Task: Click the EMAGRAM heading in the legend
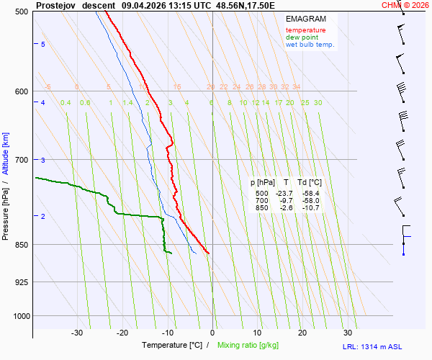(305, 19)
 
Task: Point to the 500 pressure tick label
(22, 12)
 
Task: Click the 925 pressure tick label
(22, 282)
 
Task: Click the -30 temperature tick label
(77, 333)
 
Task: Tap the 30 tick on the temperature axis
(348, 333)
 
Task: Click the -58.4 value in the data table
(311, 194)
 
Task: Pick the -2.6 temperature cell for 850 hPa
(286, 208)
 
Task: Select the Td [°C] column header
(310, 183)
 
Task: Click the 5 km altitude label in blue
(43, 45)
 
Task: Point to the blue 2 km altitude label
(43, 217)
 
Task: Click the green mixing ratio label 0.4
(66, 103)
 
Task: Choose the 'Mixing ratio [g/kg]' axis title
(249, 346)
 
